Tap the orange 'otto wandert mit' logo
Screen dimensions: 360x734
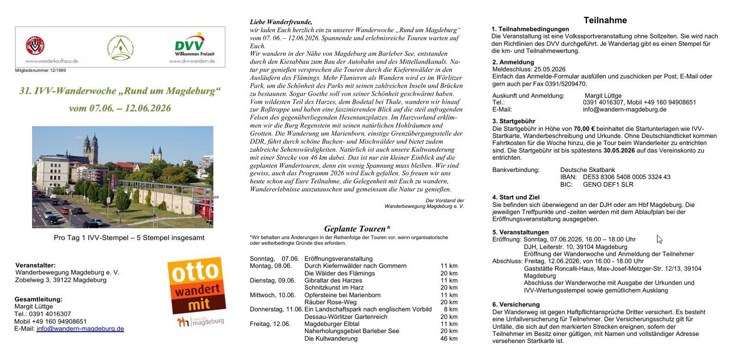coord(197,286)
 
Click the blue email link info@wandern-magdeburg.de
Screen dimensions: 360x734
coord(80,328)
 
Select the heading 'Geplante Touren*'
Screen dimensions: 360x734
coord(357,229)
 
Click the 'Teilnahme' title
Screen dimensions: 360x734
coord(605,20)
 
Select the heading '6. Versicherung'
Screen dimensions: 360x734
coord(516,305)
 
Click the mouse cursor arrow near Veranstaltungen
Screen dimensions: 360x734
coord(659,239)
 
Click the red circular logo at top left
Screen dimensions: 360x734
coord(35,46)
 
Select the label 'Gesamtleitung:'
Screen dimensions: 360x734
coord(38,299)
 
